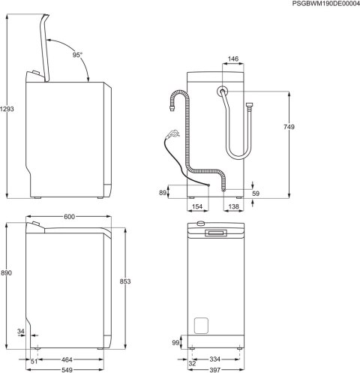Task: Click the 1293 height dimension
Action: [x=7, y=109]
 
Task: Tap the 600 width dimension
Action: [x=70, y=217]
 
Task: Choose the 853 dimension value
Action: [x=124, y=281]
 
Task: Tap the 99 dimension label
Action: [x=176, y=341]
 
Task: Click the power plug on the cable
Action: [x=173, y=136]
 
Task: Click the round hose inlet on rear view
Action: [x=223, y=92]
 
